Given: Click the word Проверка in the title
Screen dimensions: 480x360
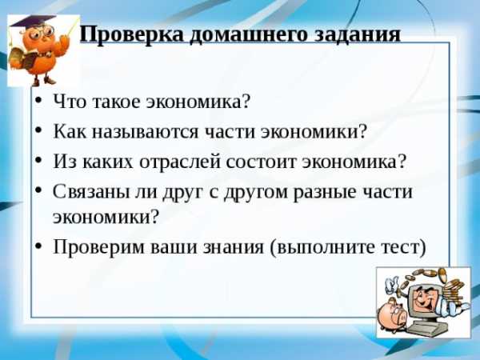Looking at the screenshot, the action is click(132, 34).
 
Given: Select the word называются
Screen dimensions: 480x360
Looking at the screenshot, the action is click(145, 132).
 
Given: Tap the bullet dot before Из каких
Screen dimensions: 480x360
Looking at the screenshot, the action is click(38, 161).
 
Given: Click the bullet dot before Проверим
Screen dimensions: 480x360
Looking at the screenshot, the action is click(38, 246).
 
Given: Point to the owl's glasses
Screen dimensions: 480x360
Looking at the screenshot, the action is click(43, 32).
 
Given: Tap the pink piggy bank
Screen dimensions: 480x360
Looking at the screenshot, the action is click(392, 315).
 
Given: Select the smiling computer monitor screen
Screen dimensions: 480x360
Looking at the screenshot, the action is click(424, 298).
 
